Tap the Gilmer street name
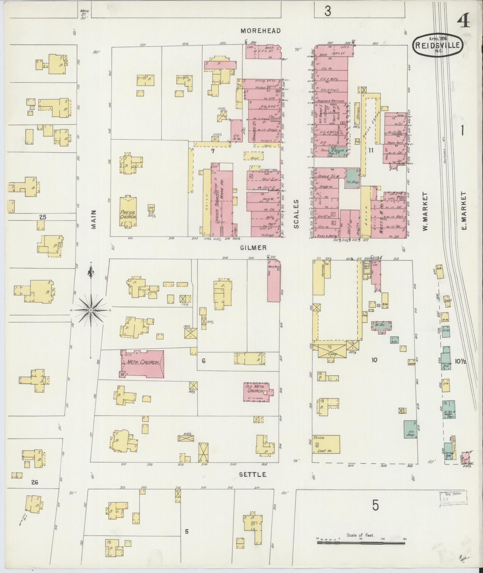pos(253,248)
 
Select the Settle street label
pos(253,475)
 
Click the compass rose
pos(91,311)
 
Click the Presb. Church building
pos(128,212)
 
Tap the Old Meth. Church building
pos(257,391)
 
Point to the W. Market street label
pos(425,212)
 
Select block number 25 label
pos(42,217)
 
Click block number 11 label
pos(371,150)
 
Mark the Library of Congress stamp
pos(453,498)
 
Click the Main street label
pos(94,219)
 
